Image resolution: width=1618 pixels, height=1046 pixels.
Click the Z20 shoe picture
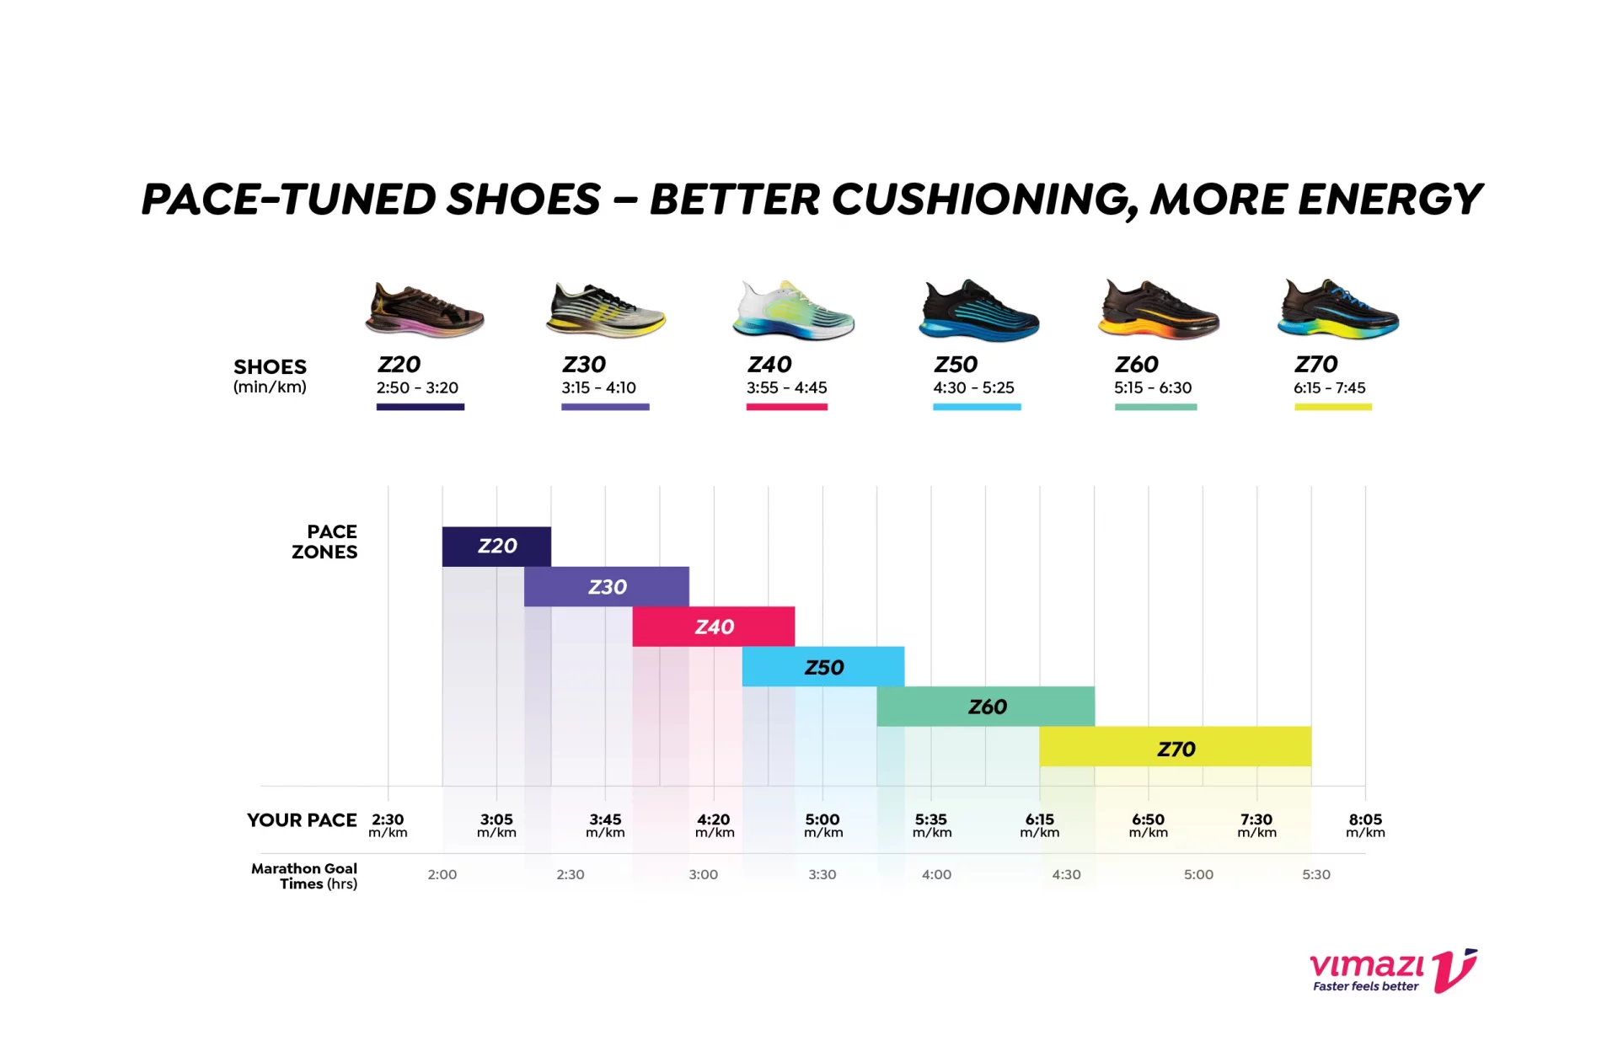(425, 310)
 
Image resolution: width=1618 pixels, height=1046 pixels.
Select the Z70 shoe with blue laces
(1338, 309)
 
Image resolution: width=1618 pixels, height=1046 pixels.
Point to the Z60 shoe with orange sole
(1159, 309)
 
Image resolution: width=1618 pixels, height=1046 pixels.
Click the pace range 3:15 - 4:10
(598, 387)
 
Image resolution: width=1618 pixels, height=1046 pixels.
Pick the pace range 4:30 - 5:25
(973, 387)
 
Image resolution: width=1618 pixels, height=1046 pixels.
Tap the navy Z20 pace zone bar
(496, 547)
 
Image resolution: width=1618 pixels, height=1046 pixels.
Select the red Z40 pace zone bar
(713, 627)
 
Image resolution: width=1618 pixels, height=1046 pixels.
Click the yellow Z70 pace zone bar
(1175, 747)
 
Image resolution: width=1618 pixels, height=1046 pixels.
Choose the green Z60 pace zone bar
(985, 707)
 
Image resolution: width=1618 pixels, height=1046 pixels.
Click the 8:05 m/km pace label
(1365, 825)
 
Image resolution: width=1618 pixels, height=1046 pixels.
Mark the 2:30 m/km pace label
(388, 825)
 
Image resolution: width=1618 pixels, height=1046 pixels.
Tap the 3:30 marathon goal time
(822, 874)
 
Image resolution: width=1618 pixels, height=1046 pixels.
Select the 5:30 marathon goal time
(1315, 874)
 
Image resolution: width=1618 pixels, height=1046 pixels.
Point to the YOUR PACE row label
(302, 820)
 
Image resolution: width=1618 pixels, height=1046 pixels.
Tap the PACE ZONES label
(324, 542)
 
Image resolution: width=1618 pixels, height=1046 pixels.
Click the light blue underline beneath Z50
(977, 408)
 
